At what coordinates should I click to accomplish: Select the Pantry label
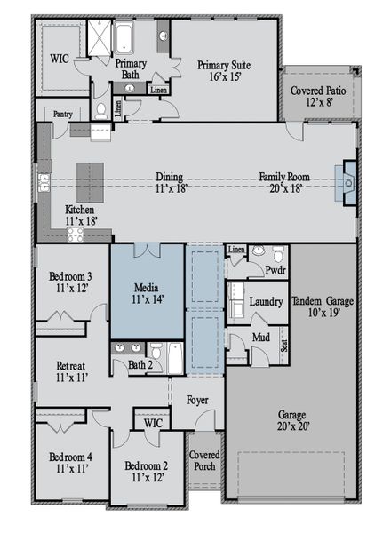tap(62, 115)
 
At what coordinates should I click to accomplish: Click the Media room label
tap(147, 294)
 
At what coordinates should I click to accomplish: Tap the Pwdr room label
tap(275, 269)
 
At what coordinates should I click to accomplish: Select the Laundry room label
tap(266, 302)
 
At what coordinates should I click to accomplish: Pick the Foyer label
tap(196, 400)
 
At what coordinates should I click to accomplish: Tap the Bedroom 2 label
tap(147, 471)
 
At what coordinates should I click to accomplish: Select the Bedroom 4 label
tap(71, 463)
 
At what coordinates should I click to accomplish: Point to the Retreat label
tap(71, 371)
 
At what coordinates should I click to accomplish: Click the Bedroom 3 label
tap(71, 282)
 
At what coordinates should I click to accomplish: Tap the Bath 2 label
tap(140, 364)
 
